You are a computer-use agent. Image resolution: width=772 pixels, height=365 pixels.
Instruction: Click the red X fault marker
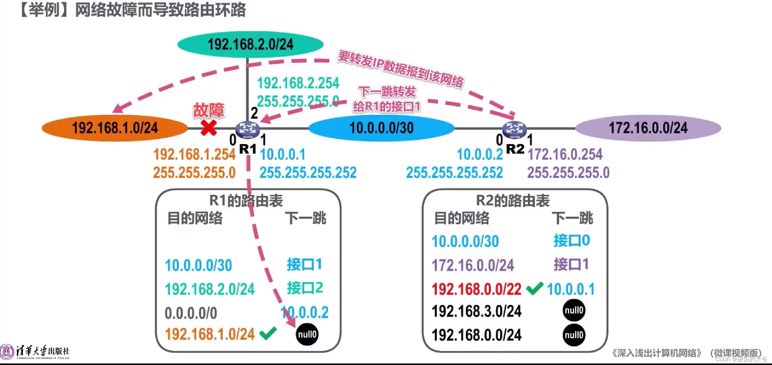click(209, 128)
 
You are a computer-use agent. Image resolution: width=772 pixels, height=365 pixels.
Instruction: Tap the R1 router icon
click(248, 129)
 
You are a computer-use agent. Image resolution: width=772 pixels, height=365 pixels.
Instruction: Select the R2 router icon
click(514, 129)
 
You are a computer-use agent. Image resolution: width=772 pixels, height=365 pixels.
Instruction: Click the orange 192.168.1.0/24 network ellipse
click(115, 128)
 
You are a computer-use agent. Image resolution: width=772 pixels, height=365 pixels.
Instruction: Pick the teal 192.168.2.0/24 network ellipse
click(250, 45)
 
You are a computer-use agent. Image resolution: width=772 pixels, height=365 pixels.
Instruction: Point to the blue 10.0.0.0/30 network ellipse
click(381, 128)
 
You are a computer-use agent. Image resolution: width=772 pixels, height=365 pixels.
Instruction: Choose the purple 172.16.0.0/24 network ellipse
click(648, 128)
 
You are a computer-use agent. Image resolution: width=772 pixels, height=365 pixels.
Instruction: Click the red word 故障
click(209, 110)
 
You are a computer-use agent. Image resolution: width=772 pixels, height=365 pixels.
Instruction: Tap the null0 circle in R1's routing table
click(307, 334)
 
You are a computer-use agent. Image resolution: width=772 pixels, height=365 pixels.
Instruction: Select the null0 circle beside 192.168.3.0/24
click(574, 310)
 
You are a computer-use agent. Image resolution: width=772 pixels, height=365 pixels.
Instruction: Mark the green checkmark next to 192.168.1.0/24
click(268, 333)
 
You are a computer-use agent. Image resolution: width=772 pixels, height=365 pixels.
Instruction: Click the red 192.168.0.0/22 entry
click(476, 289)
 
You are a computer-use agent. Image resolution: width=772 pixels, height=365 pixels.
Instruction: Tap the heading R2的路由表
click(513, 201)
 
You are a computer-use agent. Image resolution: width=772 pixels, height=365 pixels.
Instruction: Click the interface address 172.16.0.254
click(565, 154)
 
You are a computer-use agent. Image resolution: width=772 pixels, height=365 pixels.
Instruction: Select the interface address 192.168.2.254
click(298, 83)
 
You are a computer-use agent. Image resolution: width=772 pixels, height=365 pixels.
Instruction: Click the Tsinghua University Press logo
click(35, 352)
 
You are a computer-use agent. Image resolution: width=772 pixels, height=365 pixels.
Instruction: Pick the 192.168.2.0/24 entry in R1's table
click(210, 289)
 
